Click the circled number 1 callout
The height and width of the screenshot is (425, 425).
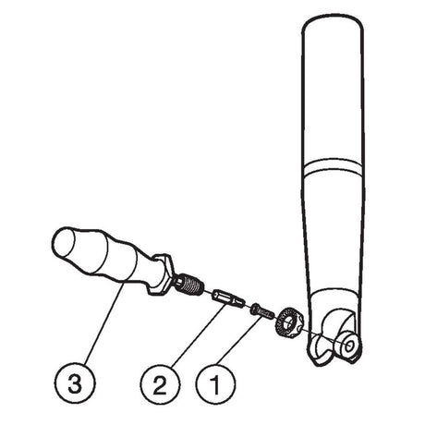(x=215, y=383)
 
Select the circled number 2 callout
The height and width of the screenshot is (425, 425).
(x=160, y=383)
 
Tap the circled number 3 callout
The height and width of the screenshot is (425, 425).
(x=76, y=383)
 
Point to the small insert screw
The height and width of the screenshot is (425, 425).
(x=262, y=311)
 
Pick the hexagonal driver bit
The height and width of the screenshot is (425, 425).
(x=228, y=297)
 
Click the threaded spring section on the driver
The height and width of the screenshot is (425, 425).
(x=190, y=284)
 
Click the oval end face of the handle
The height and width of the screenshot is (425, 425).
(x=65, y=243)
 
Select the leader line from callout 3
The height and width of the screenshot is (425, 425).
(x=104, y=324)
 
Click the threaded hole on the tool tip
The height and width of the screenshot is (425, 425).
(x=348, y=346)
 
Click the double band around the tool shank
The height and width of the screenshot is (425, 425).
(x=333, y=167)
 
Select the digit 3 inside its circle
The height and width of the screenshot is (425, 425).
(x=75, y=383)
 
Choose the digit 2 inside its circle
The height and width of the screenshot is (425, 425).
(x=160, y=383)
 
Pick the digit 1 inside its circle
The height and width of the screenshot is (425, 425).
(x=215, y=383)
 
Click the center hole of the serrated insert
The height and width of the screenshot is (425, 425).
(x=288, y=323)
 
